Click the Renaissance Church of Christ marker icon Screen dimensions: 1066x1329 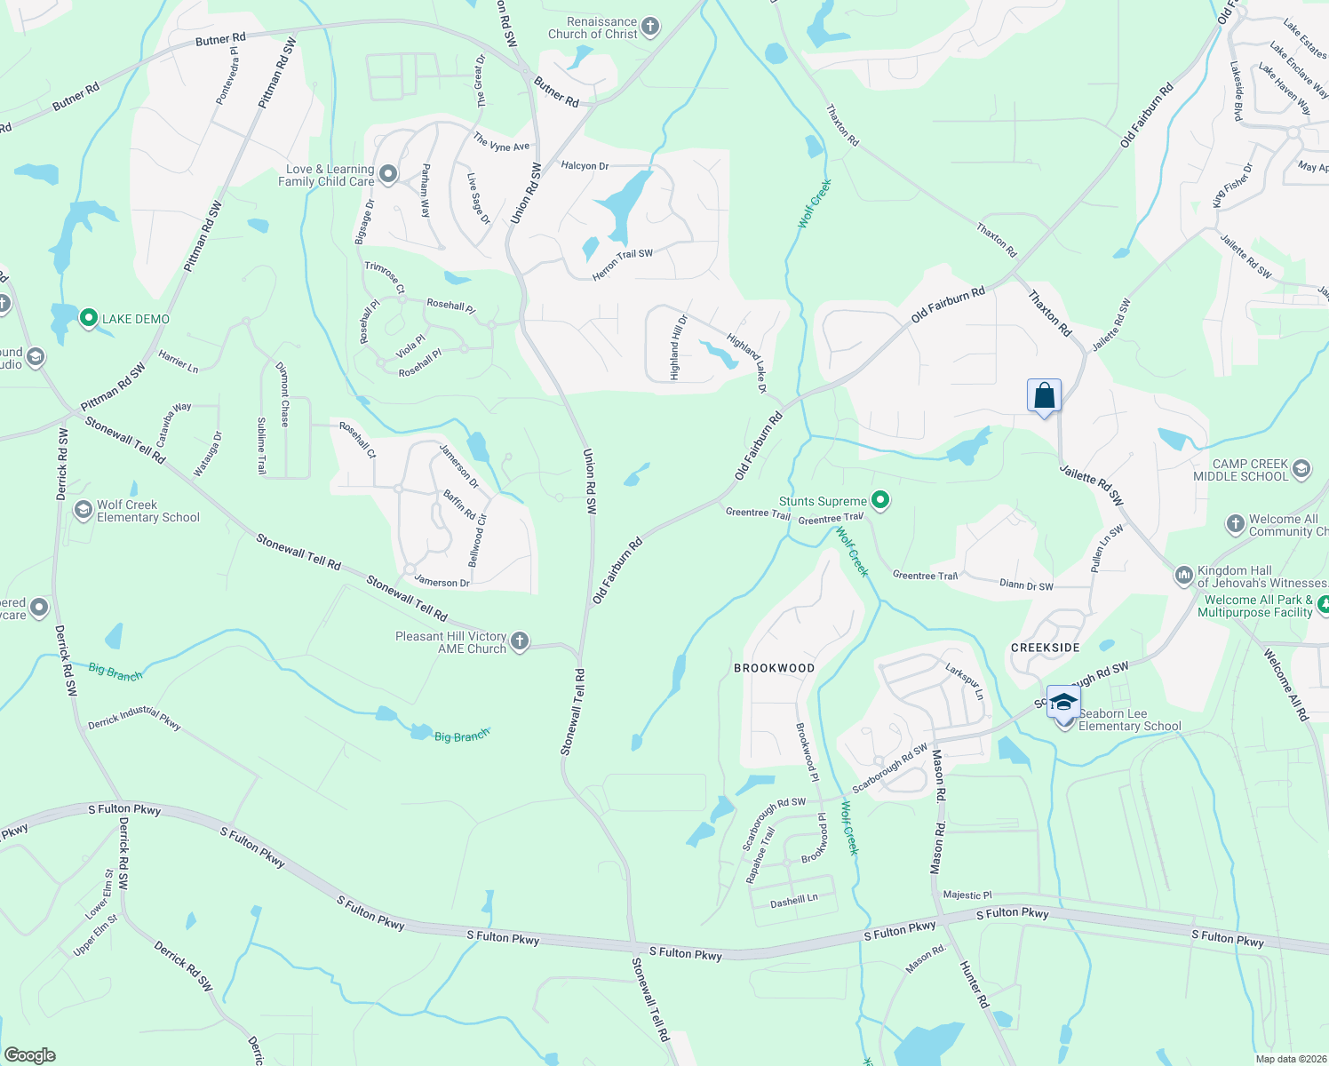(650, 28)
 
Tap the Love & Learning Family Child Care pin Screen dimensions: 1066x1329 (388, 174)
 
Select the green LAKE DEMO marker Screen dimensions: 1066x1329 (88, 318)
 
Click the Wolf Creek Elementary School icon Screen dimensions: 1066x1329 (83, 510)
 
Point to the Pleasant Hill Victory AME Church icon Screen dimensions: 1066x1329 (520, 641)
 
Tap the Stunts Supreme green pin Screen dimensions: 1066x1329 (880, 501)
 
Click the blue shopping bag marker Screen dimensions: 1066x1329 (1044, 396)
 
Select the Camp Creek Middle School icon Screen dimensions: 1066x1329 (1301, 468)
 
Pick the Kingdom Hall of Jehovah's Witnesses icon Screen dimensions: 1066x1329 (1183, 576)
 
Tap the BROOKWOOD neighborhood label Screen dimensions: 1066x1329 (774, 668)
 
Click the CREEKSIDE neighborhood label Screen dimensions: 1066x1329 (1046, 648)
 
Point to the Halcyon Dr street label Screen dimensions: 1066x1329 (585, 166)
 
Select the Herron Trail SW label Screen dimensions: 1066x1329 (623, 265)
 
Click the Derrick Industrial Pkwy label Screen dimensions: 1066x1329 (134, 719)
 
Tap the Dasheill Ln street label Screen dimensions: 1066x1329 (793, 901)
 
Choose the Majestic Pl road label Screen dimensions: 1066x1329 (967, 895)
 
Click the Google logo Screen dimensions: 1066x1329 (29, 1055)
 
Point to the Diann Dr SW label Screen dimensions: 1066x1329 (1026, 585)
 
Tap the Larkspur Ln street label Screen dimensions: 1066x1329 (964, 681)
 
